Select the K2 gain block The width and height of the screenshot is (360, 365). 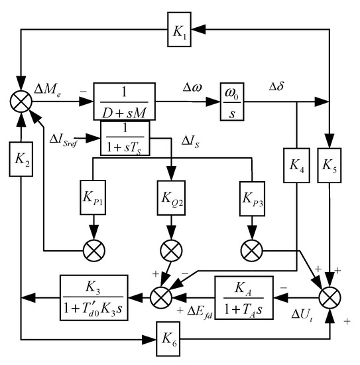point(22,161)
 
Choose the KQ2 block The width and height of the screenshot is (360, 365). point(171,198)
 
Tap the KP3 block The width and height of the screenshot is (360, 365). point(251,198)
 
